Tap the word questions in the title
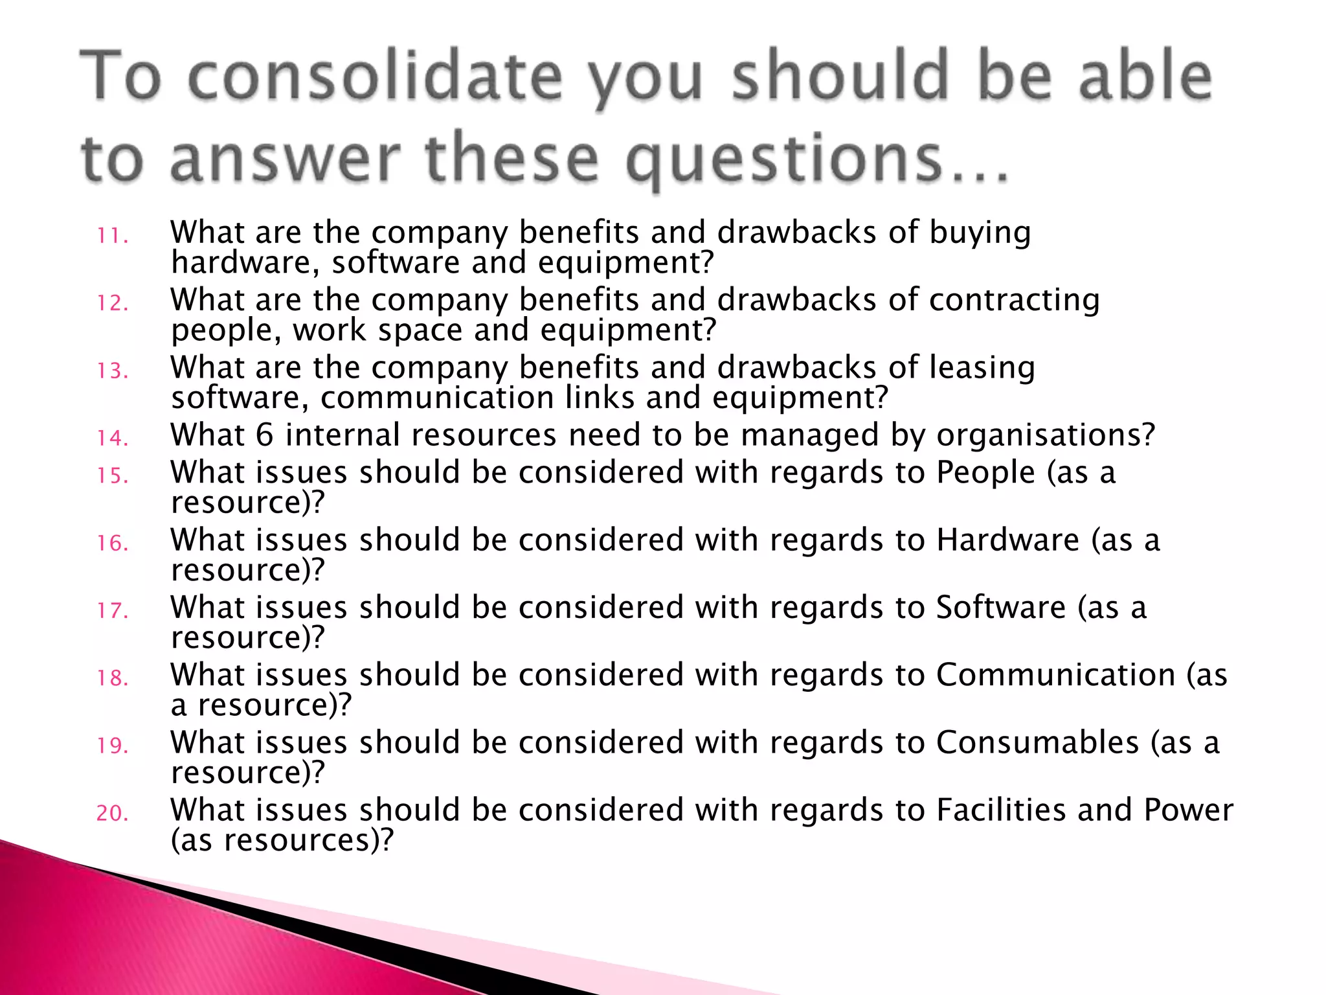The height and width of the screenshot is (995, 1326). point(783,159)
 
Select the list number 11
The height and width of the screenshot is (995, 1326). point(113,236)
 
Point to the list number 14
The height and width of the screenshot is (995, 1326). point(113,438)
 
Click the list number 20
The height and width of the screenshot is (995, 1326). point(113,813)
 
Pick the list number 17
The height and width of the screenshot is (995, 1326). point(113,610)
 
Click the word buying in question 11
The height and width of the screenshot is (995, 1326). point(980,233)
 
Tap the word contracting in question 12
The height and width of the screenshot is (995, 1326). point(1015,301)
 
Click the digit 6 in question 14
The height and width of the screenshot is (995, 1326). point(264,435)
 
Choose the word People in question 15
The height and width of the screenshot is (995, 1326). point(985,473)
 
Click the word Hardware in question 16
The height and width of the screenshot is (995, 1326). point(1007,540)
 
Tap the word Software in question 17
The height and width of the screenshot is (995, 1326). point(1000,608)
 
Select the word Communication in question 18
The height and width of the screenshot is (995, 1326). point(1055,675)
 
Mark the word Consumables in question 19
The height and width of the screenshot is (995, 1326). point(1037,742)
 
